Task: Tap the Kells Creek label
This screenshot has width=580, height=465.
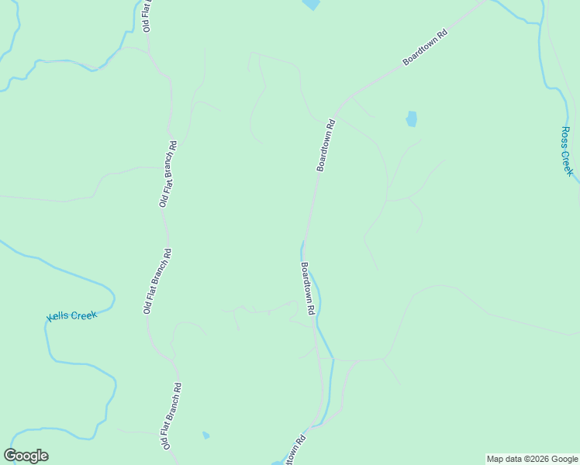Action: click(x=72, y=315)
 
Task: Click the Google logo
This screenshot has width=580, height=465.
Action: click(x=26, y=456)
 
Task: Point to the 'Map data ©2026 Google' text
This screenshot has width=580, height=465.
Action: click(x=532, y=459)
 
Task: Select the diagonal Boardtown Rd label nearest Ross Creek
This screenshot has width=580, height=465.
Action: click(x=426, y=47)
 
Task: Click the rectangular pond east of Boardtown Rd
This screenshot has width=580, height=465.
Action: click(x=411, y=119)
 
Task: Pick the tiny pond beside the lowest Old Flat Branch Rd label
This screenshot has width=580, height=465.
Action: click(x=205, y=436)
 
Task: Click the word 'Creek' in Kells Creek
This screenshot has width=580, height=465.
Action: click(x=83, y=315)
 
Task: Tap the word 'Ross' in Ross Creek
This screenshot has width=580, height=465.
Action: click(x=566, y=137)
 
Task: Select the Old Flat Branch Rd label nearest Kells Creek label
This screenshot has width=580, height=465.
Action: click(x=157, y=281)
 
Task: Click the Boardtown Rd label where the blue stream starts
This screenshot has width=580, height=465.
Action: click(x=308, y=288)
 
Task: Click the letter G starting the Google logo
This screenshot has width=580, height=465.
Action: click(x=10, y=456)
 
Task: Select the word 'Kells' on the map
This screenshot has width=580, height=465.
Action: click(x=58, y=317)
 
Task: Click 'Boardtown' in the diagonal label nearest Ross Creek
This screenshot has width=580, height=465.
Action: click(x=419, y=51)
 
